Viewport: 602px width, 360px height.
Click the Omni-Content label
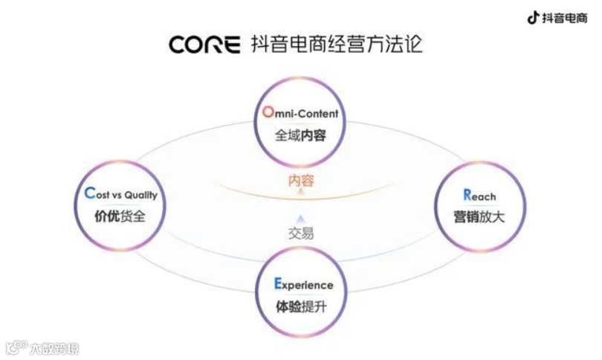300,114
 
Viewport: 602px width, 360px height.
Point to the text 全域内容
300,136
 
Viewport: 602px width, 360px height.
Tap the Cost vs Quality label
121,195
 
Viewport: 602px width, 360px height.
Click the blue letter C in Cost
89,194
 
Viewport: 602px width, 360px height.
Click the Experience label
303,284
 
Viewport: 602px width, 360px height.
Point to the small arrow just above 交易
300,218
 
